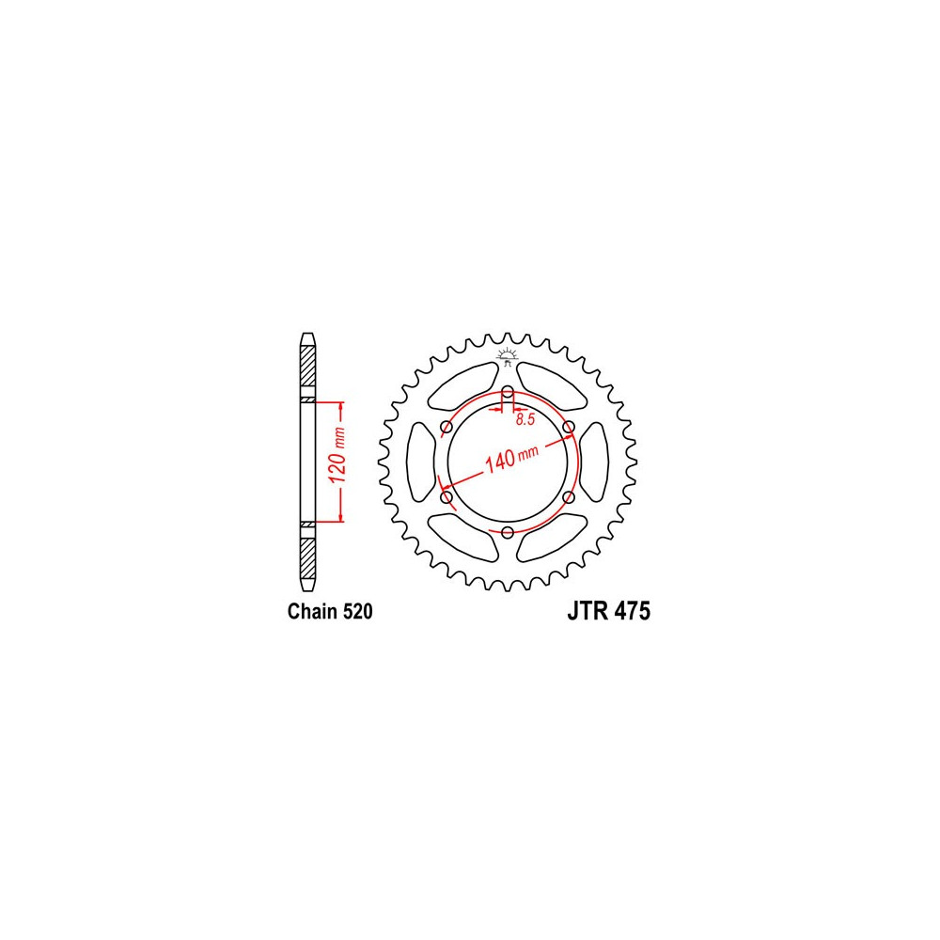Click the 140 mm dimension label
point(511,458)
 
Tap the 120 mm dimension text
point(337,457)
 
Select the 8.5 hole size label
point(525,419)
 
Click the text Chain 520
point(330,612)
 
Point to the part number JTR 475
point(608,612)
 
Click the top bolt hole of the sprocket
point(508,393)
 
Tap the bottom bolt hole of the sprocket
point(508,532)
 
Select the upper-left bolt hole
point(446,428)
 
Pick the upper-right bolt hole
point(569,428)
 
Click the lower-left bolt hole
point(446,497)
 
